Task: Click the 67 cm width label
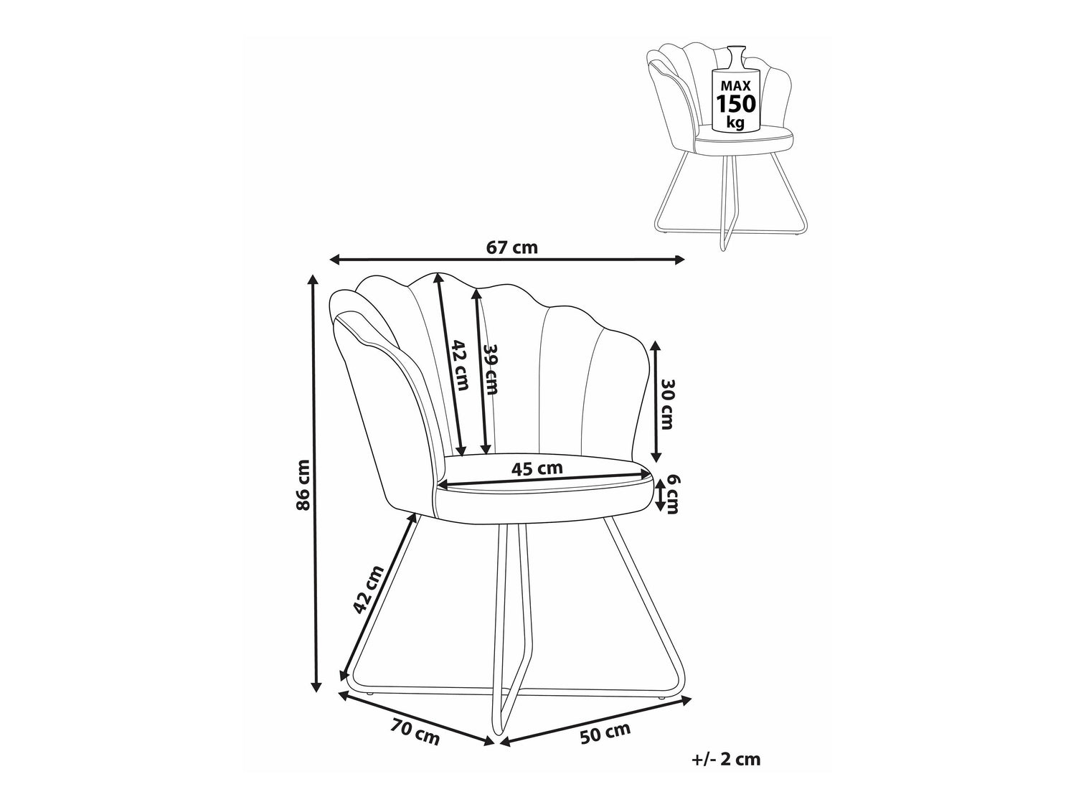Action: click(x=511, y=247)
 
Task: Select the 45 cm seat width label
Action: click(x=537, y=469)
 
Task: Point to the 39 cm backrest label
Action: click(x=491, y=369)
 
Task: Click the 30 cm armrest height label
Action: click(x=668, y=405)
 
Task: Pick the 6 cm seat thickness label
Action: click(x=671, y=494)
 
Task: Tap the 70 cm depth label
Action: click(x=415, y=732)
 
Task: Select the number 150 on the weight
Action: click(x=736, y=104)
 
